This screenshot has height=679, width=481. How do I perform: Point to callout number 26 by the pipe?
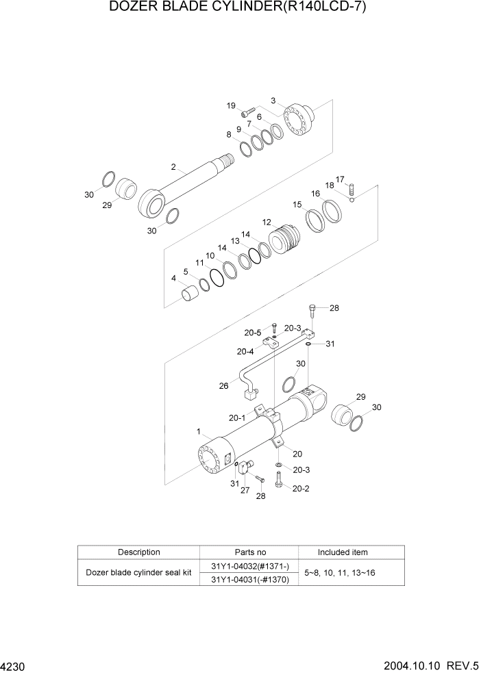[x=223, y=385]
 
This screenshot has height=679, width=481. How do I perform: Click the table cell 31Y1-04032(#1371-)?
[x=249, y=566]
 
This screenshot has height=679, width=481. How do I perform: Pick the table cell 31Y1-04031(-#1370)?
[x=249, y=580]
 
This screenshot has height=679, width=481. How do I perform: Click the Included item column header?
[x=342, y=552]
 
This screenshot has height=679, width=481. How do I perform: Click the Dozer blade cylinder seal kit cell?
[x=138, y=573]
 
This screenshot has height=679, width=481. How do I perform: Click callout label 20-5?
[x=253, y=333]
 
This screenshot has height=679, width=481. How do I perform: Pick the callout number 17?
[x=340, y=179]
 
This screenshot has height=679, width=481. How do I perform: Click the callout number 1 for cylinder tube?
[x=199, y=431]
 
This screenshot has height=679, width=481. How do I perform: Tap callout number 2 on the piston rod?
[x=173, y=166]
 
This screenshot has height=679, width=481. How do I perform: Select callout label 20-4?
[x=245, y=352]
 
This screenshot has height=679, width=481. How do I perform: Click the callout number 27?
[x=244, y=489]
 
